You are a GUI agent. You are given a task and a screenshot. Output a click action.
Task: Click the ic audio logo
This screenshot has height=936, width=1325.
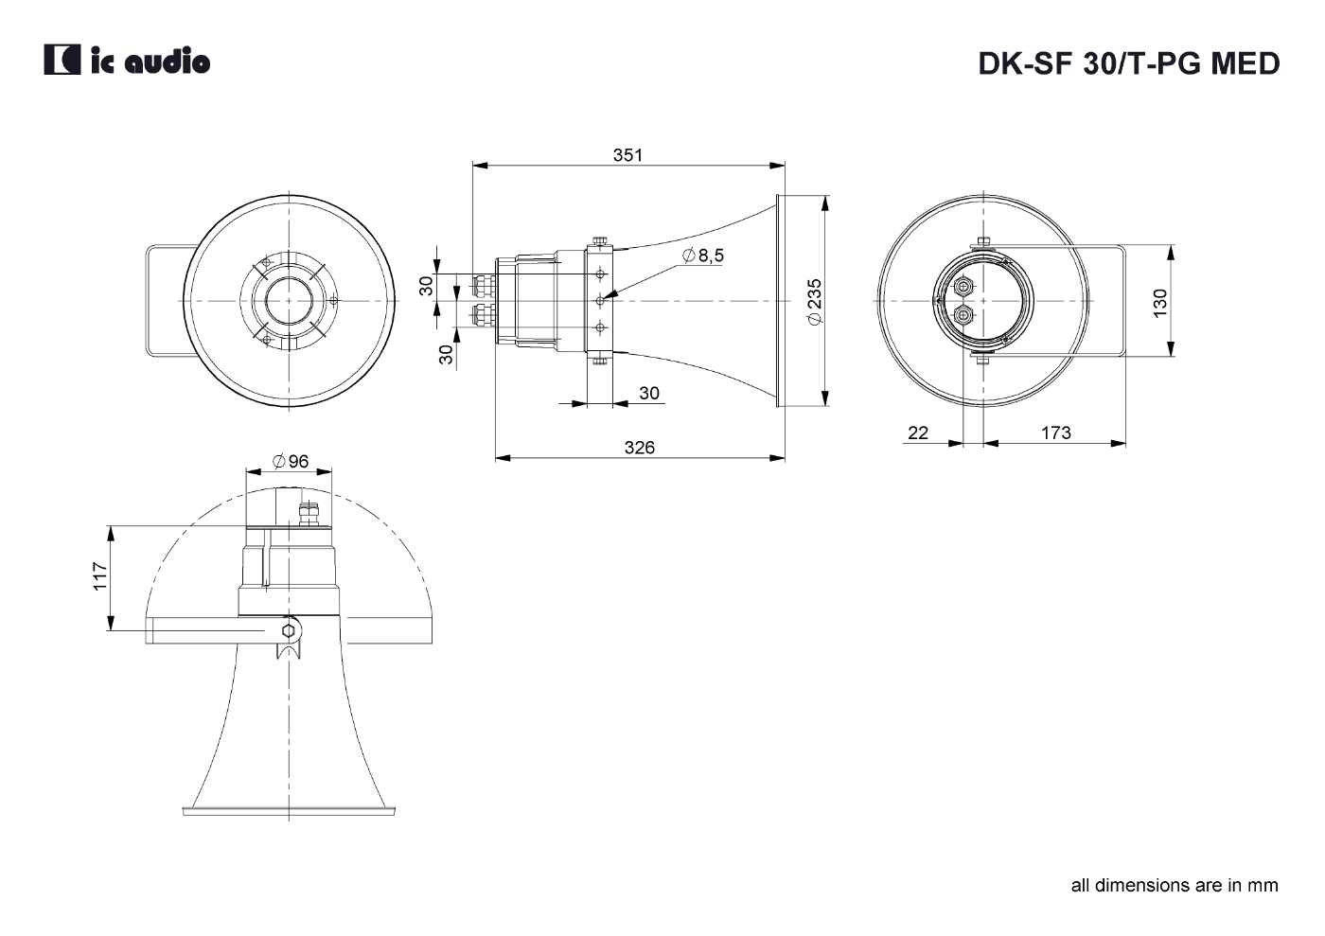pyautogui.click(x=127, y=60)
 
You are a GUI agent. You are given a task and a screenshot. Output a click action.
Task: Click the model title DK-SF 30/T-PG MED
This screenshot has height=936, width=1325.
pyautogui.click(x=1128, y=63)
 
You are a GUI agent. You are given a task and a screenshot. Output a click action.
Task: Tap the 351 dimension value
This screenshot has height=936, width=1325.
pyautogui.click(x=627, y=155)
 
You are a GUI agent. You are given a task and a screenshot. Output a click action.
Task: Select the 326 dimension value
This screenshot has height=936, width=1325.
pyautogui.click(x=640, y=448)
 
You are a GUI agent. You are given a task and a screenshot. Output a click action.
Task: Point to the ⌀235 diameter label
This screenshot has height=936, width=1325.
pyautogui.click(x=815, y=301)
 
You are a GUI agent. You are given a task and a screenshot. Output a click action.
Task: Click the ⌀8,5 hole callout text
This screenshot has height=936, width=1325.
pyautogui.click(x=702, y=256)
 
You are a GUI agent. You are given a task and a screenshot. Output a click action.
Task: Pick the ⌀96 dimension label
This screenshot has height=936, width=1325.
pyautogui.click(x=291, y=461)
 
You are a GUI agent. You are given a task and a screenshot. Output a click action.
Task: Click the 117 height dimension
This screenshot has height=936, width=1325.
pyautogui.click(x=100, y=575)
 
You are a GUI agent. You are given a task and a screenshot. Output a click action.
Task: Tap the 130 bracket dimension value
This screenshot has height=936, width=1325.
pyautogui.click(x=1160, y=303)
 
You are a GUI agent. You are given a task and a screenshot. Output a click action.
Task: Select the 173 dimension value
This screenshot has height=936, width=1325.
pyautogui.click(x=1056, y=433)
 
